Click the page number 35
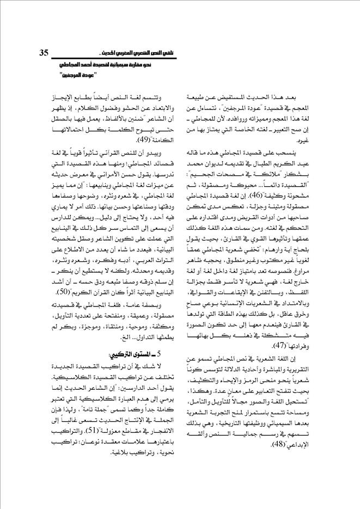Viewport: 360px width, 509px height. point(44,53)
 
